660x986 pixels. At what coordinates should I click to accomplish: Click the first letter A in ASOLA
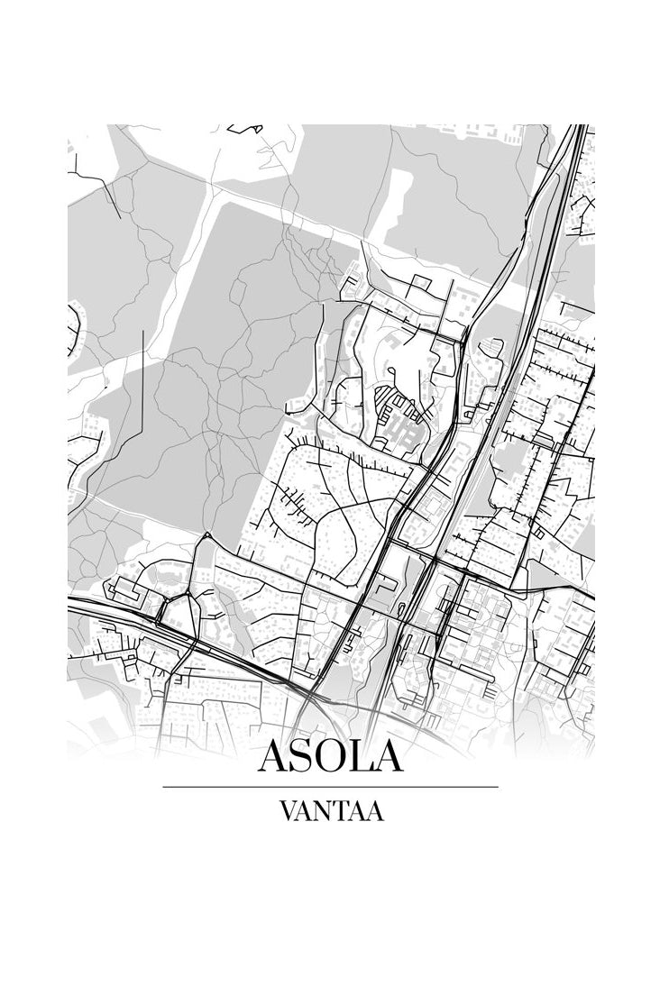[x=274, y=756]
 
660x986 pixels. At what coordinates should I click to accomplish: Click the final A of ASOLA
[x=387, y=756]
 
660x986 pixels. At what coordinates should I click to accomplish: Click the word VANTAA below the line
[x=331, y=811]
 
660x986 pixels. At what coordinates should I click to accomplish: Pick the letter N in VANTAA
[x=324, y=811]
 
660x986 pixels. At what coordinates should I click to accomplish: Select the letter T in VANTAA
[x=342, y=811]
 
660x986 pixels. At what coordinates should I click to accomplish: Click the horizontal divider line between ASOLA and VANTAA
[x=330, y=787]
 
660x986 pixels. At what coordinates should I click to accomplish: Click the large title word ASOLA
[x=330, y=756]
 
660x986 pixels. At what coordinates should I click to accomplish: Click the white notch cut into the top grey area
[x=397, y=194]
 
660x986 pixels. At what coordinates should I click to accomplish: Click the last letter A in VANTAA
[x=375, y=811]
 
